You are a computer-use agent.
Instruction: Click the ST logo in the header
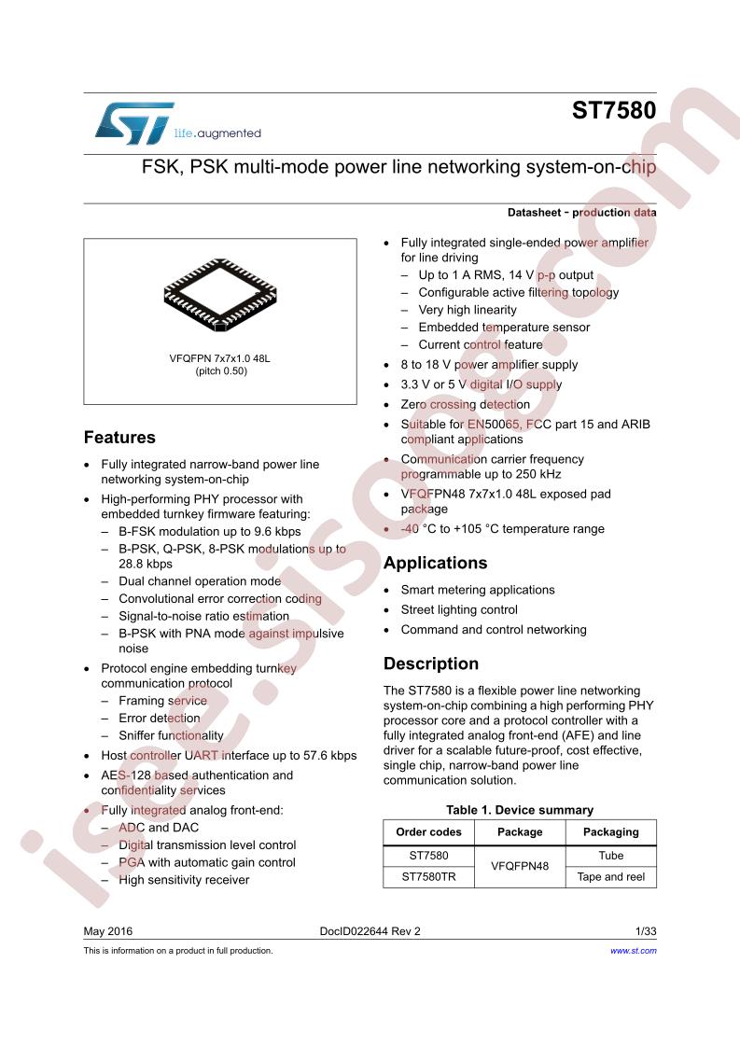pyautogui.click(x=134, y=123)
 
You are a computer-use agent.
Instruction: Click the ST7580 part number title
pyautogui.click(x=614, y=110)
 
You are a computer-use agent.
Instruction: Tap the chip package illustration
pyautogui.click(x=220, y=295)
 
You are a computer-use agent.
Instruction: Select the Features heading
pyautogui.click(x=119, y=438)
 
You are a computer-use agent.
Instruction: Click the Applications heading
pyautogui.click(x=436, y=563)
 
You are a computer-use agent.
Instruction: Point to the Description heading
pyautogui.click(x=431, y=663)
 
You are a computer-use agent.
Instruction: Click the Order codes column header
pyautogui.click(x=428, y=832)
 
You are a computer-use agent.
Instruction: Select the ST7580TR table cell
pyautogui.click(x=428, y=877)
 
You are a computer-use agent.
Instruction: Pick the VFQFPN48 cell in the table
pyautogui.click(x=520, y=866)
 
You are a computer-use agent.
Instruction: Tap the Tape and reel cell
pyautogui.click(x=611, y=877)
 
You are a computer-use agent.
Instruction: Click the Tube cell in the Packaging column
pyautogui.click(x=611, y=856)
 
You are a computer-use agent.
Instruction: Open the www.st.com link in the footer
pyautogui.click(x=633, y=950)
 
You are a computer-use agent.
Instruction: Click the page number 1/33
pyautogui.click(x=646, y=930)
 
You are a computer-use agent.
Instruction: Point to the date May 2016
pyautogui.click(x=108, y=930)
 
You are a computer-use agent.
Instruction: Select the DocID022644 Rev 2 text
pyautogui.click(x=370, y=930)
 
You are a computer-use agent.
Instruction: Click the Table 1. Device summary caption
pyautogui.click(x=520, y=810)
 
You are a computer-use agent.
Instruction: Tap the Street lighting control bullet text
pyautogui.click(x=459, y=609)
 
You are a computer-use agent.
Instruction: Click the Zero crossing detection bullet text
pyautogui.click(x=466, y=405)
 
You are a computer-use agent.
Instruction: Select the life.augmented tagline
pyautogui.click(x=217, y=133)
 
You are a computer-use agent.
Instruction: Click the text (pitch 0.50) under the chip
pyautogui.click(x=221, y=371)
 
